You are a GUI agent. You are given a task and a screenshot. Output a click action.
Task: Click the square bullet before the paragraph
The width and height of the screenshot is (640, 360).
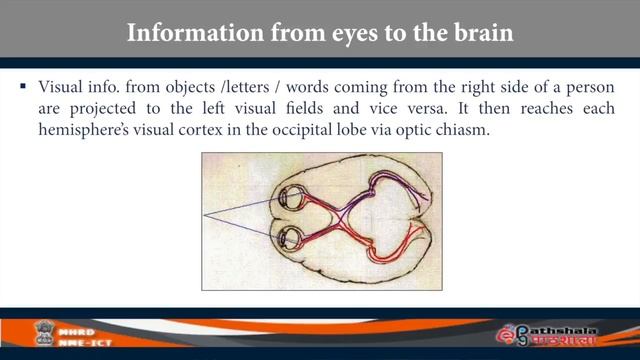[x=22, y=88]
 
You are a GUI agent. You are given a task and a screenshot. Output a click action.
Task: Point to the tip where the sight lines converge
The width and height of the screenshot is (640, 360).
[x=205, y=216]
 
